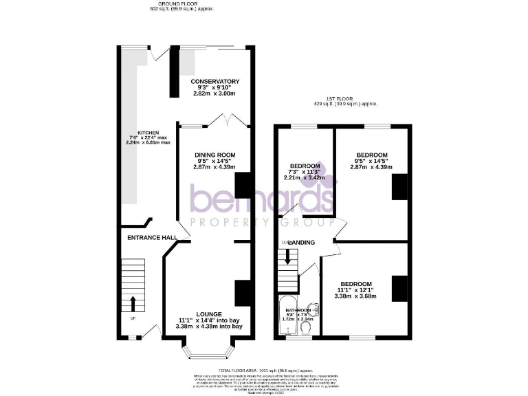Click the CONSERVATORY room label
tap(214, 82)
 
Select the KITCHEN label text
tap(148, 133)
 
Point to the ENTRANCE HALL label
tap(153, 238)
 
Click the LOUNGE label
tap(210, 313)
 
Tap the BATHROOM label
tap(299, 310)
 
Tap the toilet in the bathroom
tap(307, 331)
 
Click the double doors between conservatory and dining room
tap(227, 122)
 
